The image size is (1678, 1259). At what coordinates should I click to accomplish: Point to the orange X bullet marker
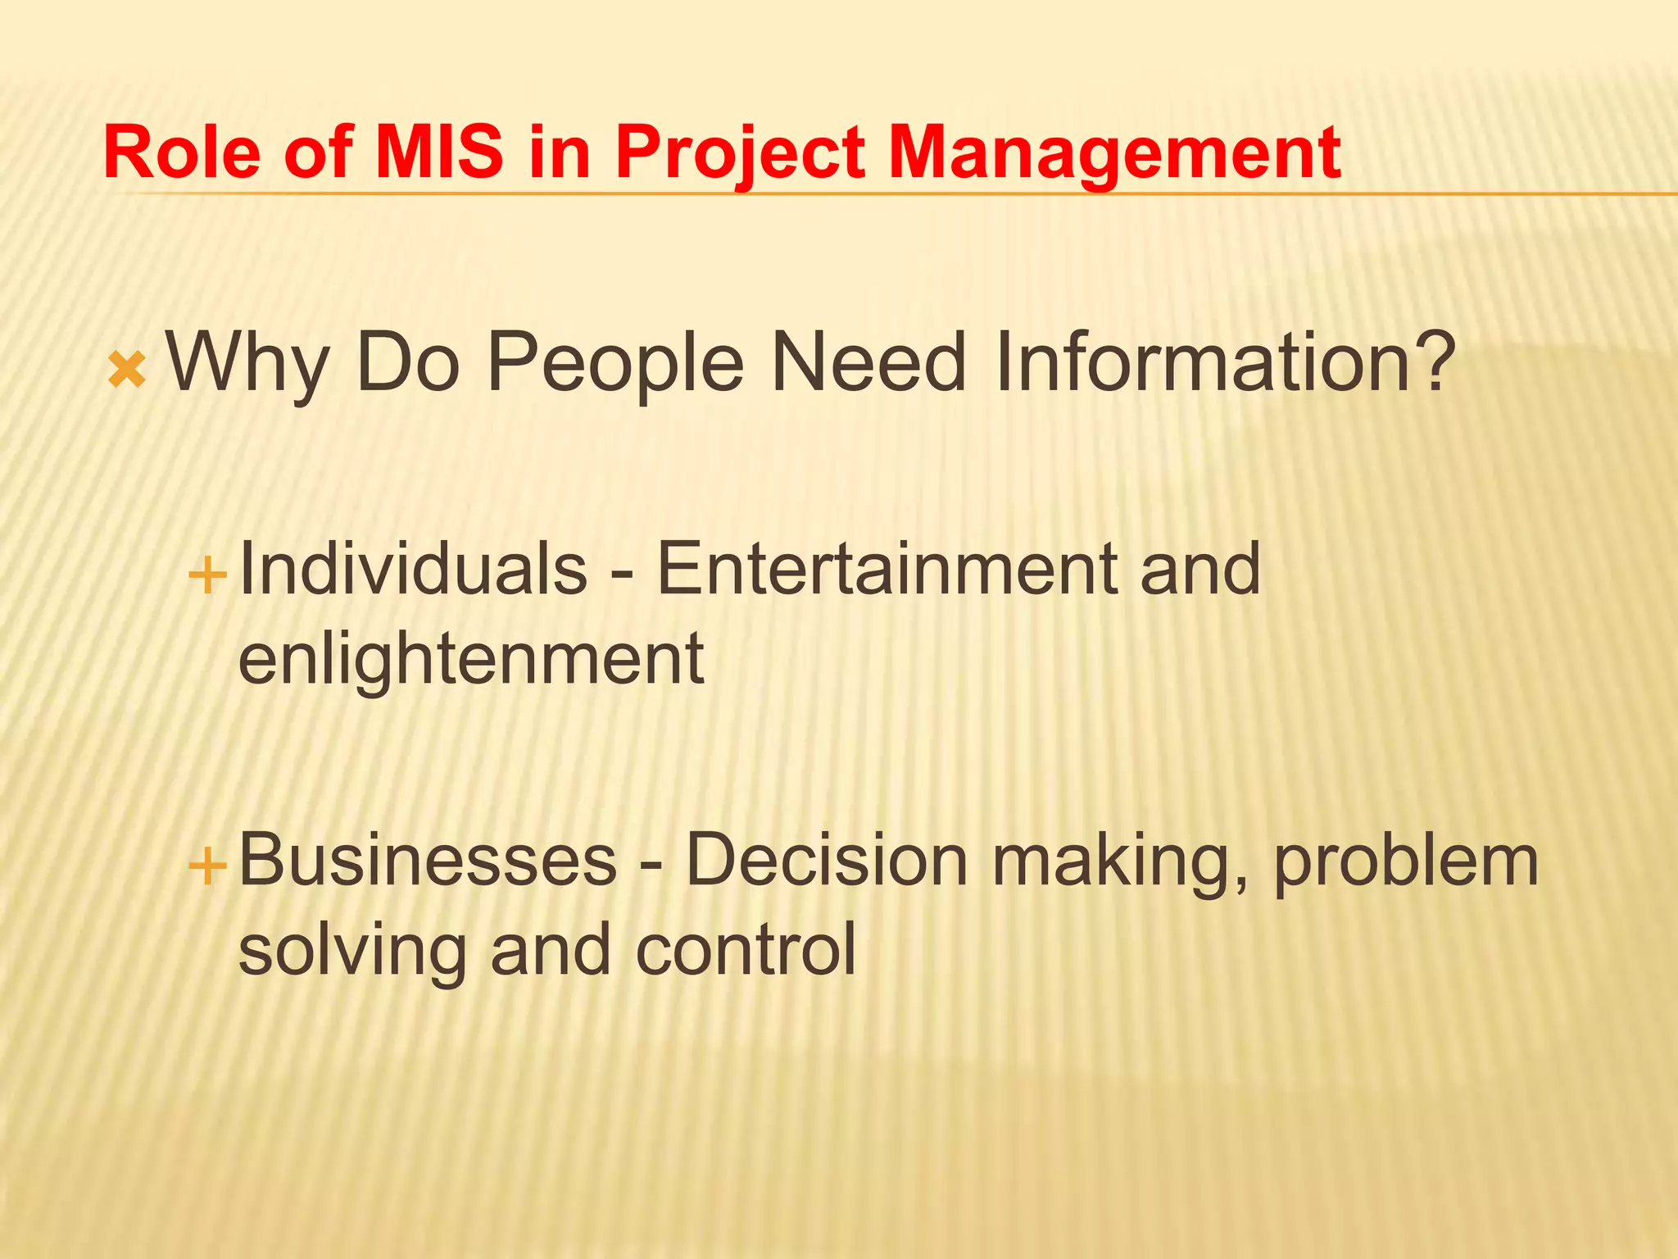[x=127, y=370]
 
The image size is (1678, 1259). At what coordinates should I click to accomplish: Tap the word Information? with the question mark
[x=1224, y=361]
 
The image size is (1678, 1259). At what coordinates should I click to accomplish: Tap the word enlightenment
[x=470, y=661]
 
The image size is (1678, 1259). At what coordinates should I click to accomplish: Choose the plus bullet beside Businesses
[x=207, y=866]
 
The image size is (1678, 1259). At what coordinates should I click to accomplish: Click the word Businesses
[x=427, y=860]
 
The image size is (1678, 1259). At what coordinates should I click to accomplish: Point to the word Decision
[x=827, y=860]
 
